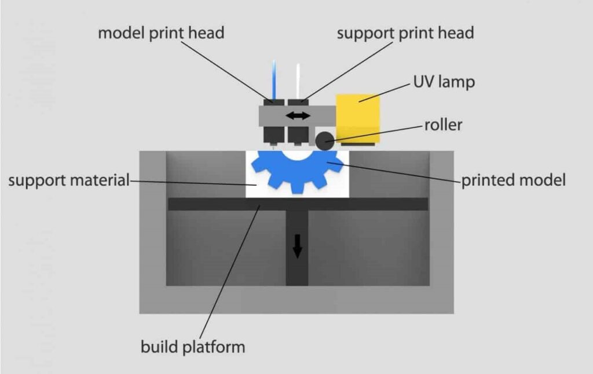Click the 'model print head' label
(160, 33)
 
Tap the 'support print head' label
(405, 33)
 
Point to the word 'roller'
(443, 124)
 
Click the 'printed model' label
(513, 180)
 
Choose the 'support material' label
(69, 180)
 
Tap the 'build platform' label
(193, 347)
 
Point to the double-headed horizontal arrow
(298, 116)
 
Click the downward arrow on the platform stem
(297, 248)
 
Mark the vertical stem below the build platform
(297, 267)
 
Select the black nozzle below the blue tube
(274, 135)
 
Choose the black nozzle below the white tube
(298, 135)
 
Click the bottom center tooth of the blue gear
(297, 187)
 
